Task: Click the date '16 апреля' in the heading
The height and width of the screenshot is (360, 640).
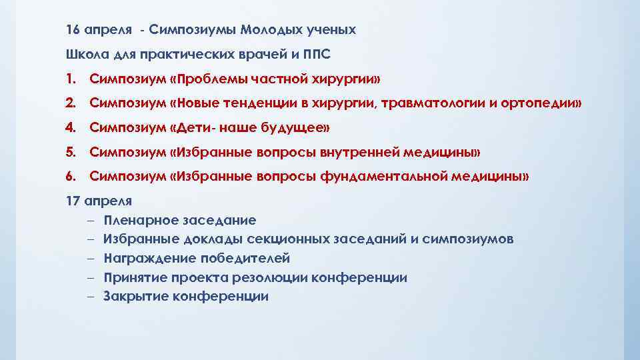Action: (x=99, y=31)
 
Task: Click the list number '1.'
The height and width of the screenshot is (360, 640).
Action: (x=71, y=80)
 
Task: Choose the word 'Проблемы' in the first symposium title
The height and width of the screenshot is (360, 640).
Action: (x=209, y=80)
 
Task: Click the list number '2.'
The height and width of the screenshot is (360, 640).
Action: (x=71, y=103)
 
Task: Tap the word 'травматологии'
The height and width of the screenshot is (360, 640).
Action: (x=410, y=103)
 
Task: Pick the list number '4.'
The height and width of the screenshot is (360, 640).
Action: (x=71, y=127)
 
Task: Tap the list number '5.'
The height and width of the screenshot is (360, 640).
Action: (x=71, y=153)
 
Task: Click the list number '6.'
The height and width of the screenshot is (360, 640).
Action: (x=71, y=177)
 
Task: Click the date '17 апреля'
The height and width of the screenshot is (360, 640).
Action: (x=99, y=200)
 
